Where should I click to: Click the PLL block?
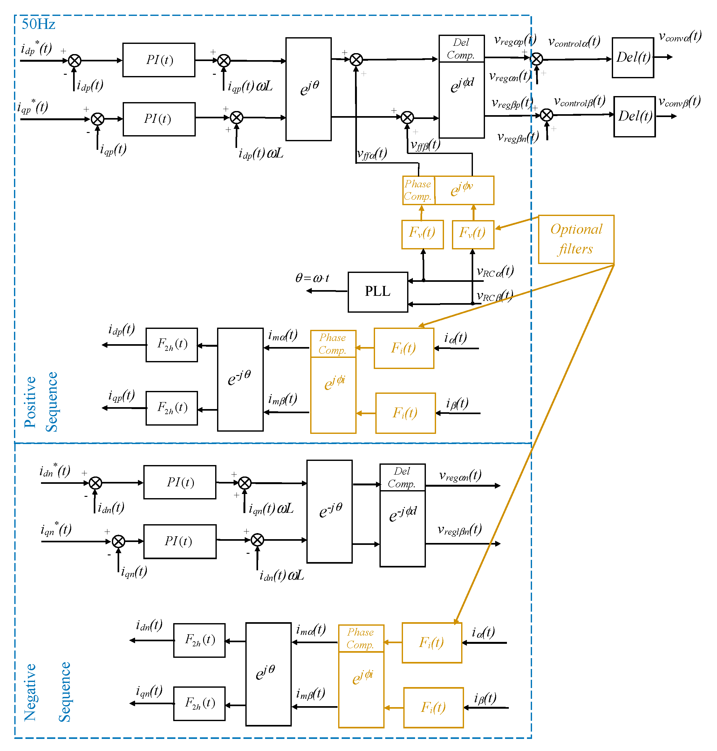377,292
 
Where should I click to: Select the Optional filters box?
576,239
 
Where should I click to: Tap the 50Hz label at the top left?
38,24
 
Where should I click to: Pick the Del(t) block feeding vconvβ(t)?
634,116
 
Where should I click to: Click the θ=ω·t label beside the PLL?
312,278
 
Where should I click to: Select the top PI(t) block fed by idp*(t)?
159,60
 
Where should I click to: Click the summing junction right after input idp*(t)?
74,60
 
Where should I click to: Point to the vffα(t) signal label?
372,154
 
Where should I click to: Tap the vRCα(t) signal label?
495,272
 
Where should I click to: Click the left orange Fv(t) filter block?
422,234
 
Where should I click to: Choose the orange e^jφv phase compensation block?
464,190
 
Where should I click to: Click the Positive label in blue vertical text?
30,402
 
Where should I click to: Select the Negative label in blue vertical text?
30,692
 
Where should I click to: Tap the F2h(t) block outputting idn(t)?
199,640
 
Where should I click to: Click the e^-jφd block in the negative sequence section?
402,528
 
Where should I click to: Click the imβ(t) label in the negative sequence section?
310,693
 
